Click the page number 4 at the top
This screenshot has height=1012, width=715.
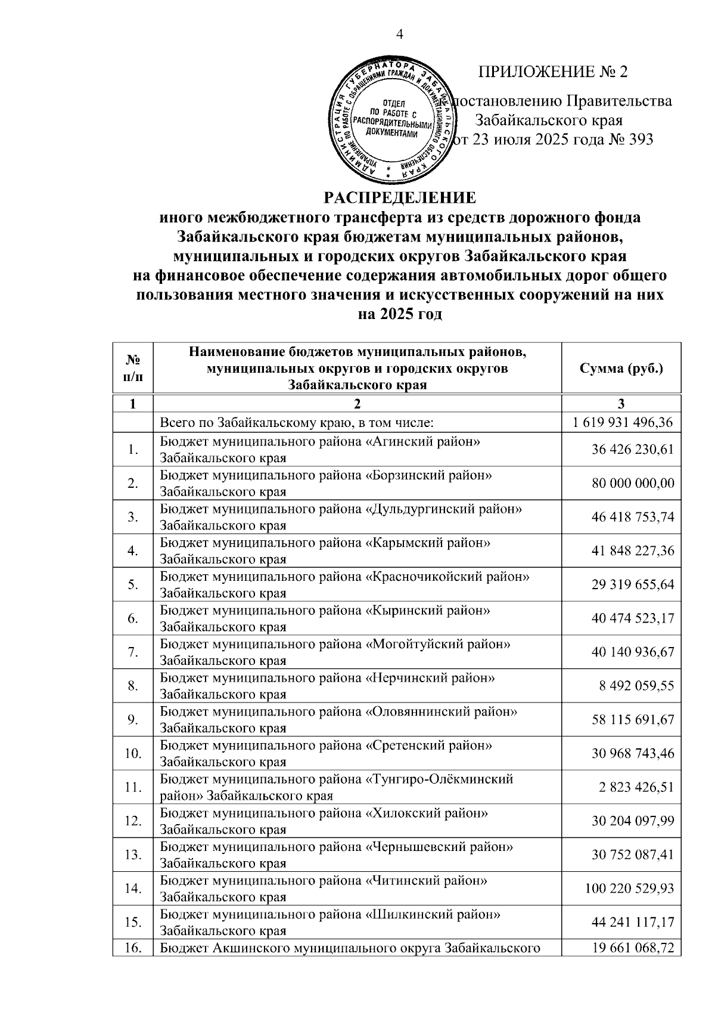[400, 35]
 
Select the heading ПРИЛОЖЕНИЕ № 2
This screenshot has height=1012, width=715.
[553, 72]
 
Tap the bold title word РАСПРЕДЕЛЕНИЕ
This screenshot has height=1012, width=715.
[400, 197]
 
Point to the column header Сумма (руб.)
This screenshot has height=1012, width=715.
[621, 368]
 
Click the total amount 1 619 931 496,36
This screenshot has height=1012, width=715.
[623, 423]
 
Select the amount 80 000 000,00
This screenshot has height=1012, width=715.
[633, 483]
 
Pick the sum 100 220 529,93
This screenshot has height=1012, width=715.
[629, 889]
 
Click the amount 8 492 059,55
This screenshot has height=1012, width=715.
[637, 686]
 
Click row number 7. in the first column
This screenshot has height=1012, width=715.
[132, 652]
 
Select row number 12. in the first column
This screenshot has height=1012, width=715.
[132, 821]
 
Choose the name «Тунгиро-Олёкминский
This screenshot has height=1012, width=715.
[439, 779]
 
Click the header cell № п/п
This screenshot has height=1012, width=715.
[133, 368]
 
